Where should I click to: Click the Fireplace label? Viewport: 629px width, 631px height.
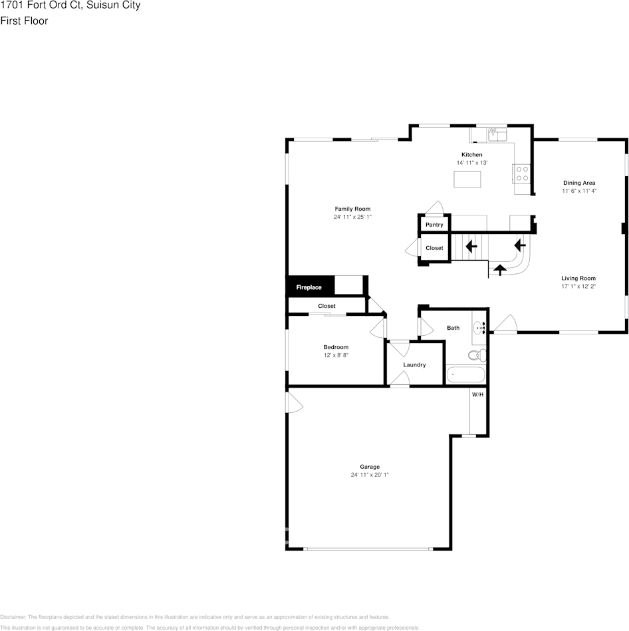click(309, 287)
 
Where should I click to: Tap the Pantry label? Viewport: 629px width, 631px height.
click(434, 225)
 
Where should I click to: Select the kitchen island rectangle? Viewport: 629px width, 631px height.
click(467, 180)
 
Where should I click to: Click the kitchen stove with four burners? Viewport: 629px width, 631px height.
click(522, 174)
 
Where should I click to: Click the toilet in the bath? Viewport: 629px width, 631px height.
click(477, 355)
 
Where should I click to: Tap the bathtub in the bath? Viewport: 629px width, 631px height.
click(465, 375)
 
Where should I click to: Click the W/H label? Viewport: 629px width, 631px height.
click(477, 395)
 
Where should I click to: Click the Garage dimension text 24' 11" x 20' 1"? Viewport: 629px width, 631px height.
click(370, 475)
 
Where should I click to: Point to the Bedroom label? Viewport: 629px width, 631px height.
click(336, 347)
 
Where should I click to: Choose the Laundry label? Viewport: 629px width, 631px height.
click(414, 364)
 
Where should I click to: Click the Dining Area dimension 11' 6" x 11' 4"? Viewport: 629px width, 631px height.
click(579, 191)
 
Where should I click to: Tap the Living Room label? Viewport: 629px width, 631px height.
click(578, 279)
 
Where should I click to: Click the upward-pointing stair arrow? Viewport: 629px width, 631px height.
click(499, 269)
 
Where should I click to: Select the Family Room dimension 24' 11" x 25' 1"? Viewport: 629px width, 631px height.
click(352, 217)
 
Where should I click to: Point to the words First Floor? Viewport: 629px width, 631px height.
click(24, 21)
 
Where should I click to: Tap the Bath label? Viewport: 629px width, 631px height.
click(453, 328)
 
